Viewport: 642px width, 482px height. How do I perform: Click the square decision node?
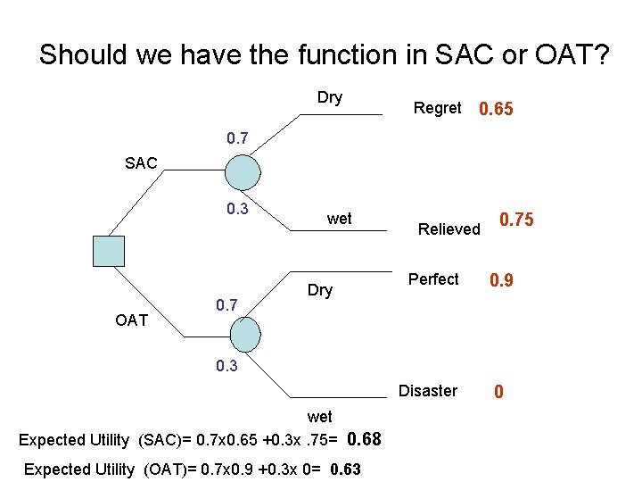pos(109,251)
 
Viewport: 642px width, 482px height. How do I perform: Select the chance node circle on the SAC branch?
pos(243,171)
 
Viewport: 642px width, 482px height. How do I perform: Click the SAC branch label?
pos(141,163)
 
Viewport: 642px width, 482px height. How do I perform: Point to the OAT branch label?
pos(132,320)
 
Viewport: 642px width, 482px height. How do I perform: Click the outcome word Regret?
pos(437,108)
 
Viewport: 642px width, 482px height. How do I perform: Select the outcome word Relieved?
pos(449,229)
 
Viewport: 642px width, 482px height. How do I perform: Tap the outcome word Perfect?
pos(433,279)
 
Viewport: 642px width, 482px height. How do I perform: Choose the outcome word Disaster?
pos(428,391)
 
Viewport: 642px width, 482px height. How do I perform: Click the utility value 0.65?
pos(496,110)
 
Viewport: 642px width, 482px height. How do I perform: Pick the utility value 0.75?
pos(516,220)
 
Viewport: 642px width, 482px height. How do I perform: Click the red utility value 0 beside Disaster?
pos(499,392)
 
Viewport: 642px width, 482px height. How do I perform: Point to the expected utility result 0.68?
pos(364,439)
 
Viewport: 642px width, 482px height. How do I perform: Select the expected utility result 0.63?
pos(345,470)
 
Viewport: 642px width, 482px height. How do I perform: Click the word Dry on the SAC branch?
pos(330,97)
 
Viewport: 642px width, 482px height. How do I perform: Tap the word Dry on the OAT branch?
pos(319,290)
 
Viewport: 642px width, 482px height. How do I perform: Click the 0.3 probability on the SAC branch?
pos(237,210)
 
